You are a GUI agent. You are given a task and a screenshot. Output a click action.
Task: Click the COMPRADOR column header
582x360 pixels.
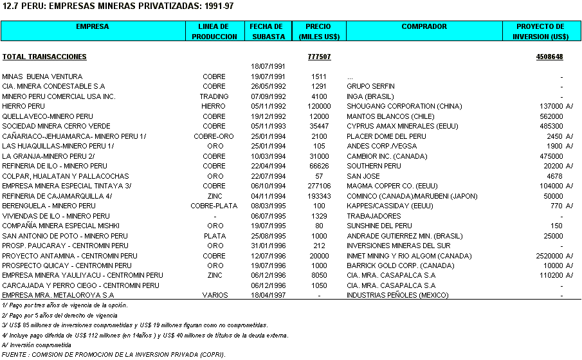point(424,27)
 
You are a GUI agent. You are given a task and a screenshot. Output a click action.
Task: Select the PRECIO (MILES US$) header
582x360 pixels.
point(319,32)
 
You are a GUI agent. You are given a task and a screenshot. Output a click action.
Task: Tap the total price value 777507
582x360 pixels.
point(319,57)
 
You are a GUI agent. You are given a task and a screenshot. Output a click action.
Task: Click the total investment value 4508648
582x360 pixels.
point(549,57)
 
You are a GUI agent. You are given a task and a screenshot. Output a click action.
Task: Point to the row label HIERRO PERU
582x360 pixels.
point(24,106)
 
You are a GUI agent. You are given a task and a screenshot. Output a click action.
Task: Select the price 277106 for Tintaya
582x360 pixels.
point(319,186)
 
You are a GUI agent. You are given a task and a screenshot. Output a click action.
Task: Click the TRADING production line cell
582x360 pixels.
point(214,96)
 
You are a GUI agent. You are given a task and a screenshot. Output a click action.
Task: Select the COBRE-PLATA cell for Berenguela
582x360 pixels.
point(214,206)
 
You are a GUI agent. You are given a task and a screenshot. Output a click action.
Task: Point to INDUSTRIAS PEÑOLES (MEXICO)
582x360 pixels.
point(399,296)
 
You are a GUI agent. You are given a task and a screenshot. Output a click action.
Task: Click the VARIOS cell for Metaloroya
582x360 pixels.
point(214,296)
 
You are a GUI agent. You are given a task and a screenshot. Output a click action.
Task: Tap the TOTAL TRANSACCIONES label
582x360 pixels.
point(44,57)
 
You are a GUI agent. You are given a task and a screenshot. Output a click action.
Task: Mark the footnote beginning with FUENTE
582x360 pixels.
point(114,354)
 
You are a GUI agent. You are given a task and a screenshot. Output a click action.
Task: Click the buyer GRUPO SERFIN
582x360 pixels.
point(370,86)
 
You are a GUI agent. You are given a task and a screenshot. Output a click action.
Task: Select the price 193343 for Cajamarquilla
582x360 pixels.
point(319,196)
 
